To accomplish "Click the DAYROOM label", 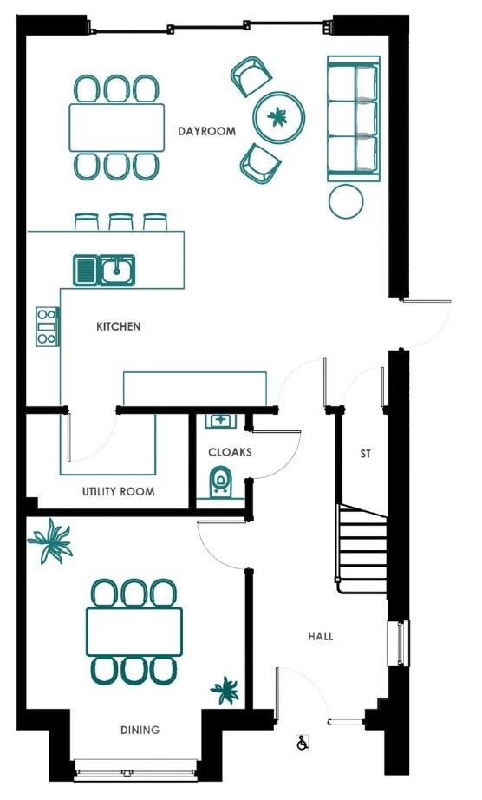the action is coord(206,131).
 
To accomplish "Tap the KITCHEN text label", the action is coord(119,326).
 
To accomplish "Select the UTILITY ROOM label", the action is coord(118,492).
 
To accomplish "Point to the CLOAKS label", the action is coord(230,452).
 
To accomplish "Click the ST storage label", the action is coord(365,454).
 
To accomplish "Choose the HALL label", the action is coord(321,636).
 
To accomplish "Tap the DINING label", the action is coord(140,730).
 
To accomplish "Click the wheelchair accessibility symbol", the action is coord(303,743).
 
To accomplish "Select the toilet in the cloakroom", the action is coord(220,482).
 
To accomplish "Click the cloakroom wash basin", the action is coord(220,421).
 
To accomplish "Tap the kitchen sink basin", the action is coord(117,270).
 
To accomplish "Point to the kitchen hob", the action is coord(48,326).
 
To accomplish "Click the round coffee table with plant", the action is coord(279,117).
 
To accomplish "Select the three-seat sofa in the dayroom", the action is coord(354,118).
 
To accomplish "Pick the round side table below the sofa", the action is coord(346,201).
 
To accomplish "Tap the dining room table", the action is coord(134,632).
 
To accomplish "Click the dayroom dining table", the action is coord(117,128).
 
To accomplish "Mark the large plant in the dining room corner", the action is coord(50,541).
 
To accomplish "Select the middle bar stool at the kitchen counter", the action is coord(120,222).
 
